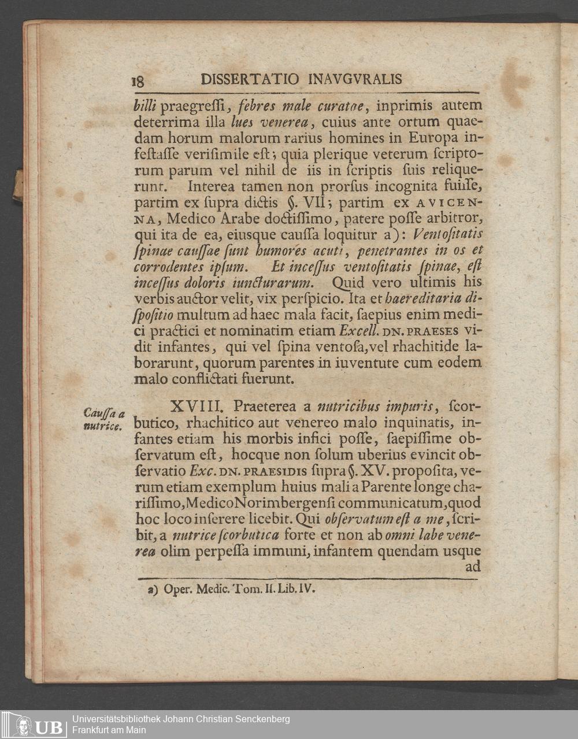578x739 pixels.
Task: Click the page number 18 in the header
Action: pos(138,81)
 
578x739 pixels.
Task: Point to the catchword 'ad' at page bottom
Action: pos(473,567)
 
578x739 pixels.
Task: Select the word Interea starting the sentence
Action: pos(208,187)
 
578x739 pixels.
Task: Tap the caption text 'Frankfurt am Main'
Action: pos(109,730)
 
